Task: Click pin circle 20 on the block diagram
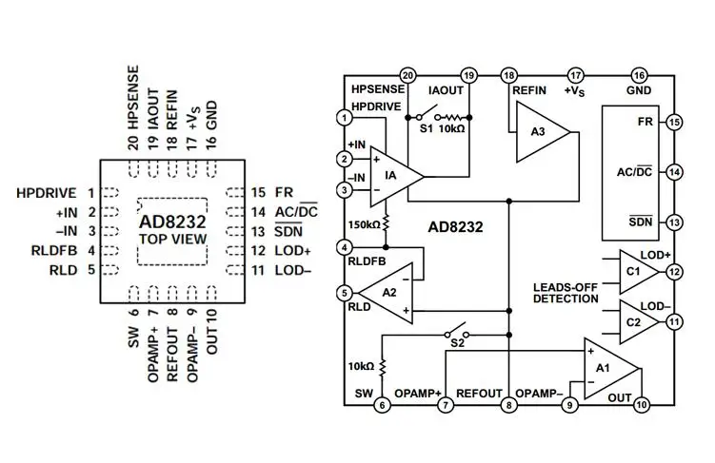click(x=407, y=74)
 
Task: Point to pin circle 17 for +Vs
click(x=575, y=74)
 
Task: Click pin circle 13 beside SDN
click(x=674, y=222)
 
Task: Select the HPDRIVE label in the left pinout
click(x=47, y=193)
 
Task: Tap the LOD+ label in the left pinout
click(x=293, y=251)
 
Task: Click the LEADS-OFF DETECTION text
click(x=566, y=292)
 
